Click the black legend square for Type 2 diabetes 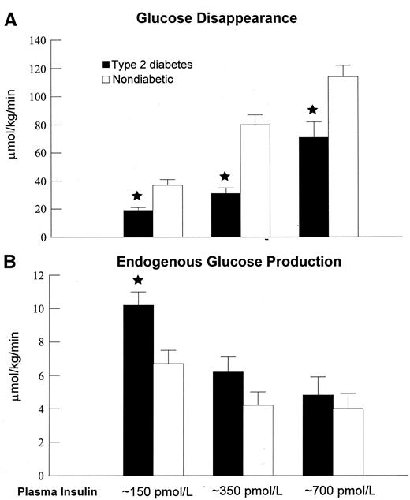(106, 62)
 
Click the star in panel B (138, 280)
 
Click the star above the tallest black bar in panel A (312, 110)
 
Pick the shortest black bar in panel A (137, 223)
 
